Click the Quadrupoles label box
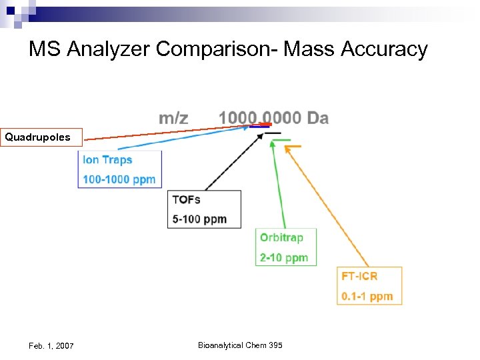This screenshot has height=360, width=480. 41,137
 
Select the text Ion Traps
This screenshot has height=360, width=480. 107,160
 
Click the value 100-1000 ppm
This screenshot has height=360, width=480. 119,179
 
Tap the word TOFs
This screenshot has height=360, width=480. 186,199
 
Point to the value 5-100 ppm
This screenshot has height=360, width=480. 199,219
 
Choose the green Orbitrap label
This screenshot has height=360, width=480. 281,237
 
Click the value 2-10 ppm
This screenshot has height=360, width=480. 283,257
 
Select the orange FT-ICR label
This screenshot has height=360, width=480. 359,276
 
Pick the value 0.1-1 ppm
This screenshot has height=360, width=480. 367,296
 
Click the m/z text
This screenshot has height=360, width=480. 173,118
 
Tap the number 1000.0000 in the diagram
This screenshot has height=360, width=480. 260,118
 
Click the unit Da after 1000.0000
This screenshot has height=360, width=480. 317,118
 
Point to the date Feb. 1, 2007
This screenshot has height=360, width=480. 51,345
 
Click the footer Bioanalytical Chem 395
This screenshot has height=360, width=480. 240,345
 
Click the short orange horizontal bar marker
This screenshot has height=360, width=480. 293,146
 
